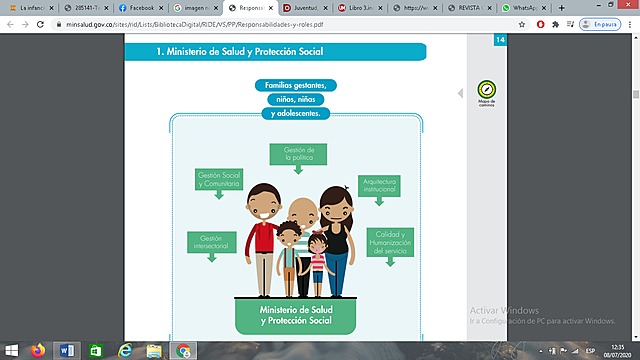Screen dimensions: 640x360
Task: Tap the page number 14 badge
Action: [500, 40]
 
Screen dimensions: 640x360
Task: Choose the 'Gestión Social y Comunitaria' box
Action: [219, 179]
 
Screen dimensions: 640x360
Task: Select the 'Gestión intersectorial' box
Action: [210, 241]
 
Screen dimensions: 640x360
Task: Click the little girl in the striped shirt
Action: [318, 262]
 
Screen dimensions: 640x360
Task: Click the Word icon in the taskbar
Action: [68, 350]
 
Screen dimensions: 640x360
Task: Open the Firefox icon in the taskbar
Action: [39, 350]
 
